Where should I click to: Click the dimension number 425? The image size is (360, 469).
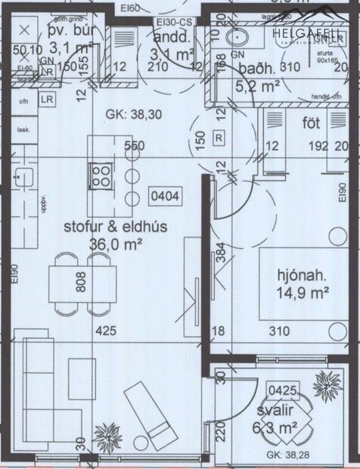(x=105, y=331)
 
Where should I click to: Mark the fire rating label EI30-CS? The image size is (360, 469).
(x=173, y=23)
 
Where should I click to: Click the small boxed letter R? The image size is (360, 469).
(x=219, y=138)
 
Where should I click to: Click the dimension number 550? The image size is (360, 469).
(x=134, y=146)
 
